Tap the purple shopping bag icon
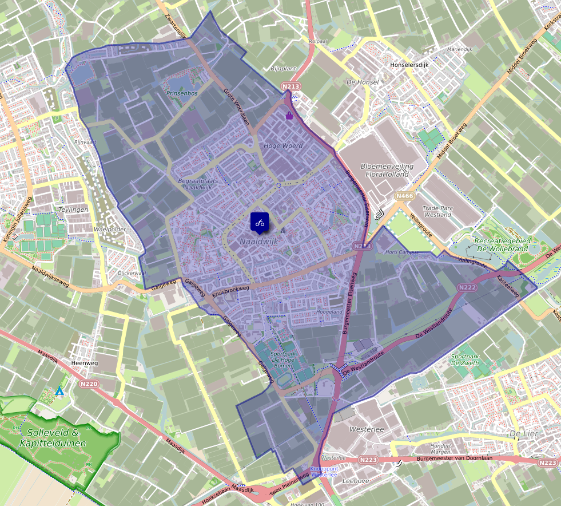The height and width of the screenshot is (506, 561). coord(289,116)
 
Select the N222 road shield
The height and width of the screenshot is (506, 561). coord(467,287)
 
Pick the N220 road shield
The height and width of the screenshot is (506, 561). coord(90,384)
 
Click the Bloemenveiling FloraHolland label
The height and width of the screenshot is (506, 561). coord(385,170)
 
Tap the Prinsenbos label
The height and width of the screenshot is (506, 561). coord(181,93)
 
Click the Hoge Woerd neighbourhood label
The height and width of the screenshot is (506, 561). coord(283,146)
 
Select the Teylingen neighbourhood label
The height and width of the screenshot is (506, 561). coord(74,209)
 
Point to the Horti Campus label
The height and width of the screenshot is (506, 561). coord(399,252)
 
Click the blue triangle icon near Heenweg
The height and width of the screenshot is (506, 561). coord(59,391)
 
